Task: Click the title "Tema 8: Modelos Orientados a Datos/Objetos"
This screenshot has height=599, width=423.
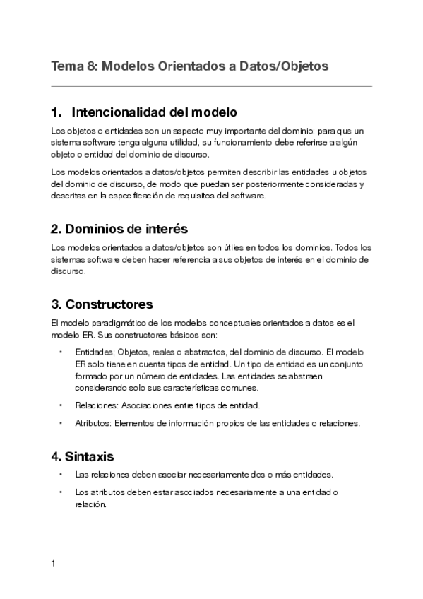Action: pos(190,66)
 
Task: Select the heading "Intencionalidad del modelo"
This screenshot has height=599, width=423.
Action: pos(154,112)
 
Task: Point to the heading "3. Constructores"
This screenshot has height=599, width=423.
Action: pos(102,304)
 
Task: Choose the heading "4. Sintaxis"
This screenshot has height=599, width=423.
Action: pos(83,456)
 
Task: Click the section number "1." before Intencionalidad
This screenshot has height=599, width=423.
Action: pos(57,112)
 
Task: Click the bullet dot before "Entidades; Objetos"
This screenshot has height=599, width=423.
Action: pos(61,352)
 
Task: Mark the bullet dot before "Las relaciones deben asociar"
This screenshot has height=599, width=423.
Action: pos(61,474)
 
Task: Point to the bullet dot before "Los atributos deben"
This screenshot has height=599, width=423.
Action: pos(61,492)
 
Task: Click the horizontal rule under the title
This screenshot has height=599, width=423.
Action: pos(211,86)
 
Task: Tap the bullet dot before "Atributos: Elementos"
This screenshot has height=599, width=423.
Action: pos(61,424)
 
